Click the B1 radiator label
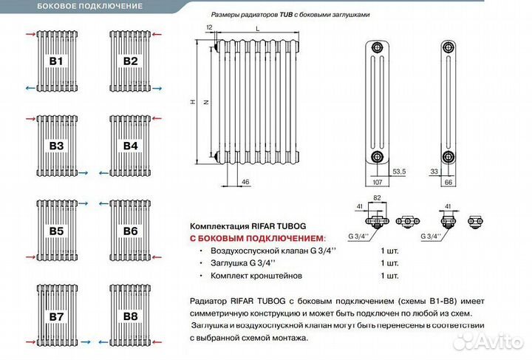pyautogui.click(x=57, y=61)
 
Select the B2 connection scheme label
pyautogui.click(x=130, y=61)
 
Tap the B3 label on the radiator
pyautogui.click(x=57, y=146)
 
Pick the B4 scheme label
pyautogui.click(x=130, y=146)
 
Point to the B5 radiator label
pyautogui.click(x=57, y=231)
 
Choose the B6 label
pyautogui.click(x=130, y=231)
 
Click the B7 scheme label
pyautogui.click(x=57, y=316)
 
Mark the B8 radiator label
pyautogui.click(x=130, y=316)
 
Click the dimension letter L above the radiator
pyautogui.click(x=256, y=27)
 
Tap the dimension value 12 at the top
pyautogui.click(x=210, y=27)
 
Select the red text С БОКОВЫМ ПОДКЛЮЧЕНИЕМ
pyautogui.click(x=258, y=238)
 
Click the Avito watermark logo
pyautogui.click(x=487, y=341)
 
